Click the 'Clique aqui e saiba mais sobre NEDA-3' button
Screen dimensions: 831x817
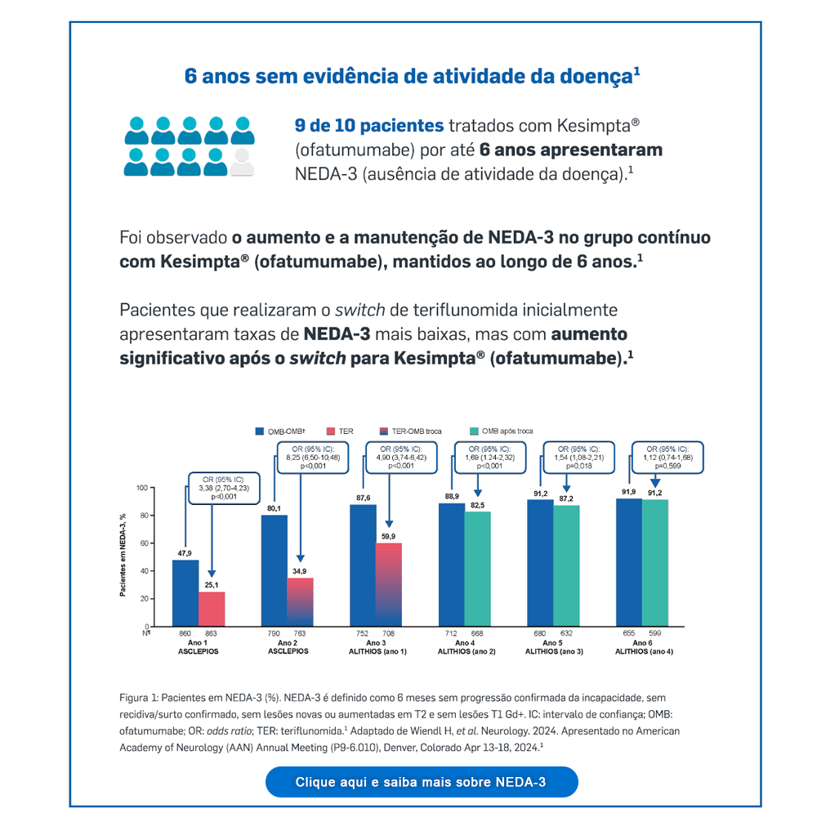tap(421, 782)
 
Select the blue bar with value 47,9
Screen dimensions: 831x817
tap(185, 592)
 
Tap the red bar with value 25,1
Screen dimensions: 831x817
tap(212, 609)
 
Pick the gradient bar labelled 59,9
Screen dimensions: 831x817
tap(389, 584)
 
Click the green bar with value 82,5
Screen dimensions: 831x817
tap(477, 569)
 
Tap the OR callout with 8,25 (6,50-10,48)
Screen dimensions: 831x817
tap(313, 458)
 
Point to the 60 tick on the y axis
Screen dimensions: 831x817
tap(145, 543)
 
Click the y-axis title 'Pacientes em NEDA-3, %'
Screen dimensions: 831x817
tap(123, 555)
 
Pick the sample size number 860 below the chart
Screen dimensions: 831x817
tap(185, 633)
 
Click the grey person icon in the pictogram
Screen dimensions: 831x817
tap(242, 163)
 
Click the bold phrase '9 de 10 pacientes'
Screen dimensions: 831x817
tap(368, 127)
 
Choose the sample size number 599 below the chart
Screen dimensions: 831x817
tap(655, 633)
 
